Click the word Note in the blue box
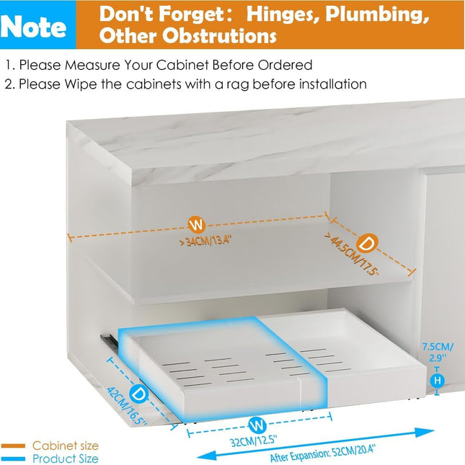(x=33, y=27)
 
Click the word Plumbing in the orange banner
(x=377, y=14)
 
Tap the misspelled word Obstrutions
(x=219, y=35)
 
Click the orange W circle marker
(x=197, y=225)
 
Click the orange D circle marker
(x=367, y=244)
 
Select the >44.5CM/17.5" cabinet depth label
(x=352, y=256)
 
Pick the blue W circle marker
(x=257, y=425)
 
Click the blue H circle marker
(x=437, y=381)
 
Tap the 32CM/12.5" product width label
(x=254, y=441)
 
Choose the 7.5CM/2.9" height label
(x=438, y=353)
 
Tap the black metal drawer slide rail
(x=109, y=341)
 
